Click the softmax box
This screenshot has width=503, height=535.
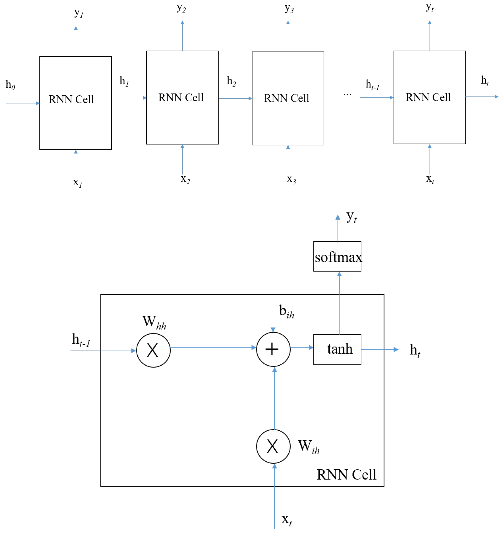[x=337, y=256]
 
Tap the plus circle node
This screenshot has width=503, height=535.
[x=273, y=349]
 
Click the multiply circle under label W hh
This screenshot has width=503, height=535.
[x=153, y=350]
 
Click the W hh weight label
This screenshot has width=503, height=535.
[x=154, y=322]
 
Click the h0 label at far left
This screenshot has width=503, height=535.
[x=10, y=85]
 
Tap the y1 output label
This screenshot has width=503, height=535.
[x=78, y=13]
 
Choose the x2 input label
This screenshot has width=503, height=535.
[x=185, y=179]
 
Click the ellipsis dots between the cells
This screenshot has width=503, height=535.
[x=347, y=94]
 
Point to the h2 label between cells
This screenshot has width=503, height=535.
[x=231, y=81]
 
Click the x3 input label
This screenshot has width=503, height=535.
[x=291, y=179]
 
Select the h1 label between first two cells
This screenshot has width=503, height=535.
[x=124, y=81]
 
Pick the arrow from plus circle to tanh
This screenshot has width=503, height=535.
[x=302, y=347]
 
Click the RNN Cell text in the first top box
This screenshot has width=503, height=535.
[x=71, y=99]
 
